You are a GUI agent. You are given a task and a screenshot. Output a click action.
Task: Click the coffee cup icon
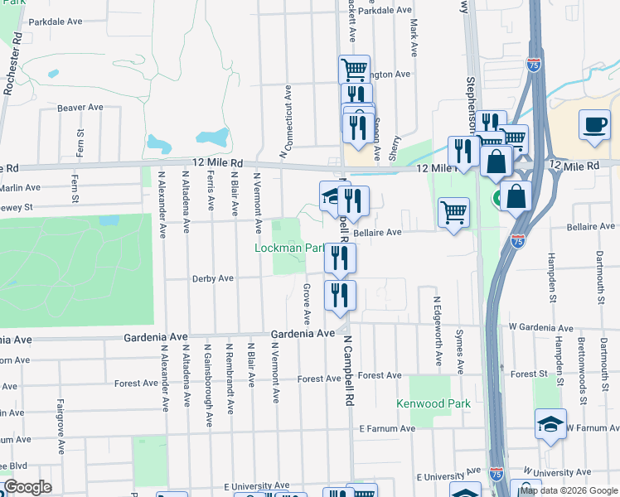pos(594,124)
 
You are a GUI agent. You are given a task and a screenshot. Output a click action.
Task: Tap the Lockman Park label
pos(289,248)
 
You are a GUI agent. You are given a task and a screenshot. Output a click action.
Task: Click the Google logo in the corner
pos(28,487)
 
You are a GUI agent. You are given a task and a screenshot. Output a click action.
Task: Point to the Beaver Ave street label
pos(80,108)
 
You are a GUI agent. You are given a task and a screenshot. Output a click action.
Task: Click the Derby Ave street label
pos(213,278)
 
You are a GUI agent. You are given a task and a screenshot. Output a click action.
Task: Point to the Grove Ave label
pos(307,304)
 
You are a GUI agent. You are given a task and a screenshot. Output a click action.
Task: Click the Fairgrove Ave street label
pos(61,427)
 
